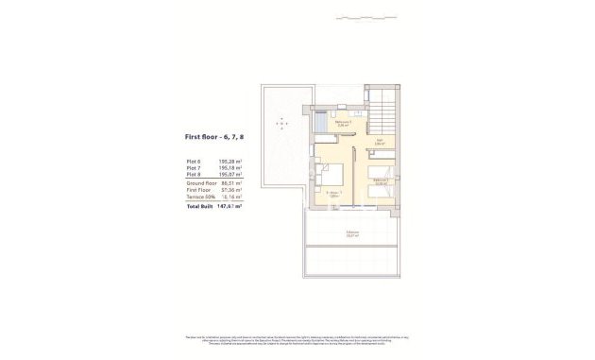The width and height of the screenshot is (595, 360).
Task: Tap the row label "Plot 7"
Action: (x=195, y=169)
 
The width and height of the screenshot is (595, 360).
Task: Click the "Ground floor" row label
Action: (x=201, y=183)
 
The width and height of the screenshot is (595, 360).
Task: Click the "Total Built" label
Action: (x=199, y=205)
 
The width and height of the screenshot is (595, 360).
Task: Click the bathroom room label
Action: (x=345, y=123)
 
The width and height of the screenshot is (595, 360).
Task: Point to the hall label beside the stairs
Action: (x=379, y=143)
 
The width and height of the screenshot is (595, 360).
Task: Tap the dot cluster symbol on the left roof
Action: (x=280, y=125)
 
